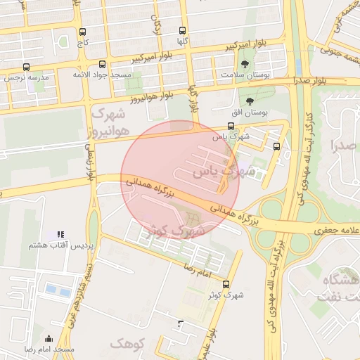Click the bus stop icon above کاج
[x=84, y=32]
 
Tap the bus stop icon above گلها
[x=183, y=30]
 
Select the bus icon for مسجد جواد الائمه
[x=103, y=63]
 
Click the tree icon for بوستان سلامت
[x=245, y=64]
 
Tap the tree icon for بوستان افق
[x=249, y=101]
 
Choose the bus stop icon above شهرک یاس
[x=231, y=126]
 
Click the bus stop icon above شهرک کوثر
[x=226, y=284]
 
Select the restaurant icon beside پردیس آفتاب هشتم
[x=60, y=233]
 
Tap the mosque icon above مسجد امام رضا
[x=49, y=338]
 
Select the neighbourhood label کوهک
[x=127, y=344]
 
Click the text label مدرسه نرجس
[x=27, y=77]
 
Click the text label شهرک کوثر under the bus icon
[x=226, y=295]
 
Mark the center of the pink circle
[x=181, y=179]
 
